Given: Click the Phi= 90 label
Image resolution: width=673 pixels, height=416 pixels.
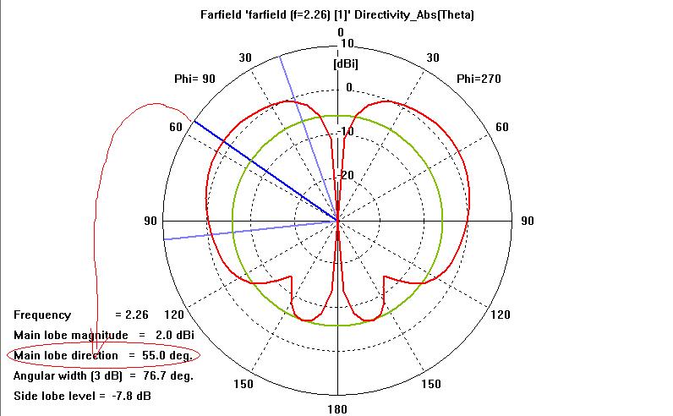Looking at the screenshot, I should pos(194,79).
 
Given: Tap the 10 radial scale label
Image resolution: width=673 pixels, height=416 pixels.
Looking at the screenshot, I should pos(346,43).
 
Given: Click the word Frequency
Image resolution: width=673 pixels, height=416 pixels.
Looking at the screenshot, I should pos(42,315).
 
